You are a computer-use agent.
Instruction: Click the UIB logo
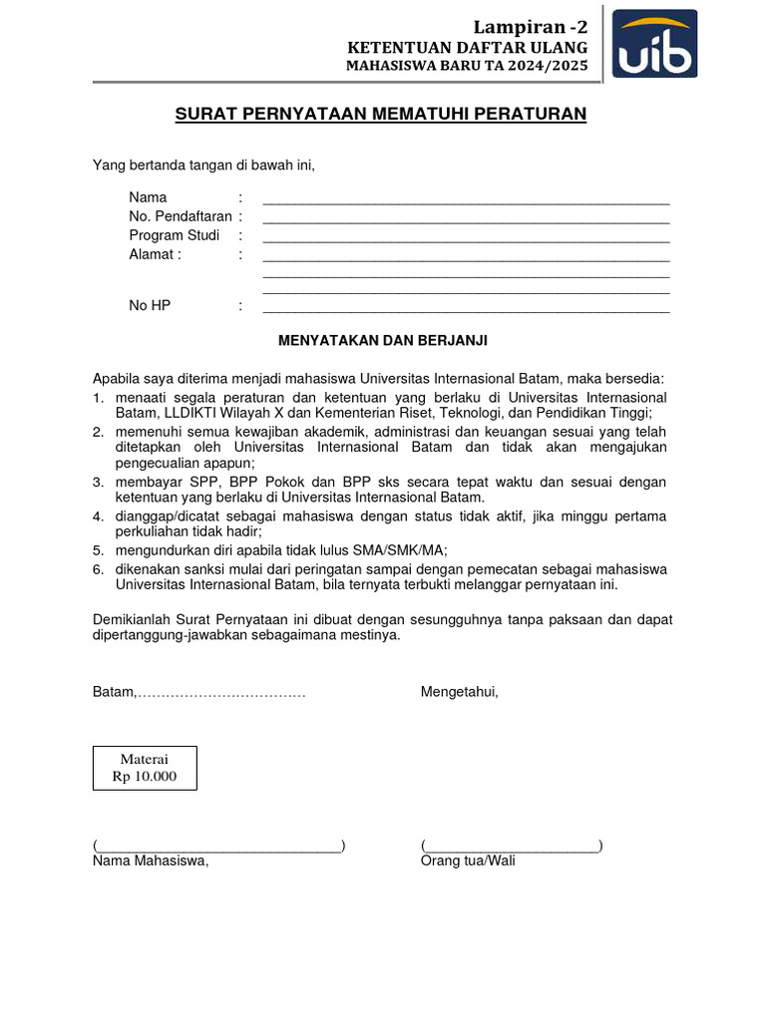pyautogui.click(x=654, y=44)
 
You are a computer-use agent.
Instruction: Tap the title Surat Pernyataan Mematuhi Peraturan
pyautogui.click(x=381, y=114)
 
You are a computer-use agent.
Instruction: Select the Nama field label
pyautogui.click(x=148, y=197)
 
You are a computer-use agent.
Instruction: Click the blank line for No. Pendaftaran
pyautogui.click(x=466, y=217)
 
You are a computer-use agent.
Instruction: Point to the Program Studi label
pyautogui.click(x=174, y=235)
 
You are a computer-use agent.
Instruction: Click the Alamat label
pyautogui.click(x=155, y=254)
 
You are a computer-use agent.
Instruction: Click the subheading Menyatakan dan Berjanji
pyautogui.click(x=382, y=340)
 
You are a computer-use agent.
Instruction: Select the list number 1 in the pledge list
pyautogui.click(x=98, y=398)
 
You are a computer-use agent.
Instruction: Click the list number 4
pyautogui.click(x=98, y=516)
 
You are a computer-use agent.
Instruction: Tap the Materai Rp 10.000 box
pyautogui.click(x=145, y=768)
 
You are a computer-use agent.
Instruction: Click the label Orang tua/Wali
pyautogui.click(x=468, y=861)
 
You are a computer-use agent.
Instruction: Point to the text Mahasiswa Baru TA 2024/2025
pyautogui.click(x=467, y=67)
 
